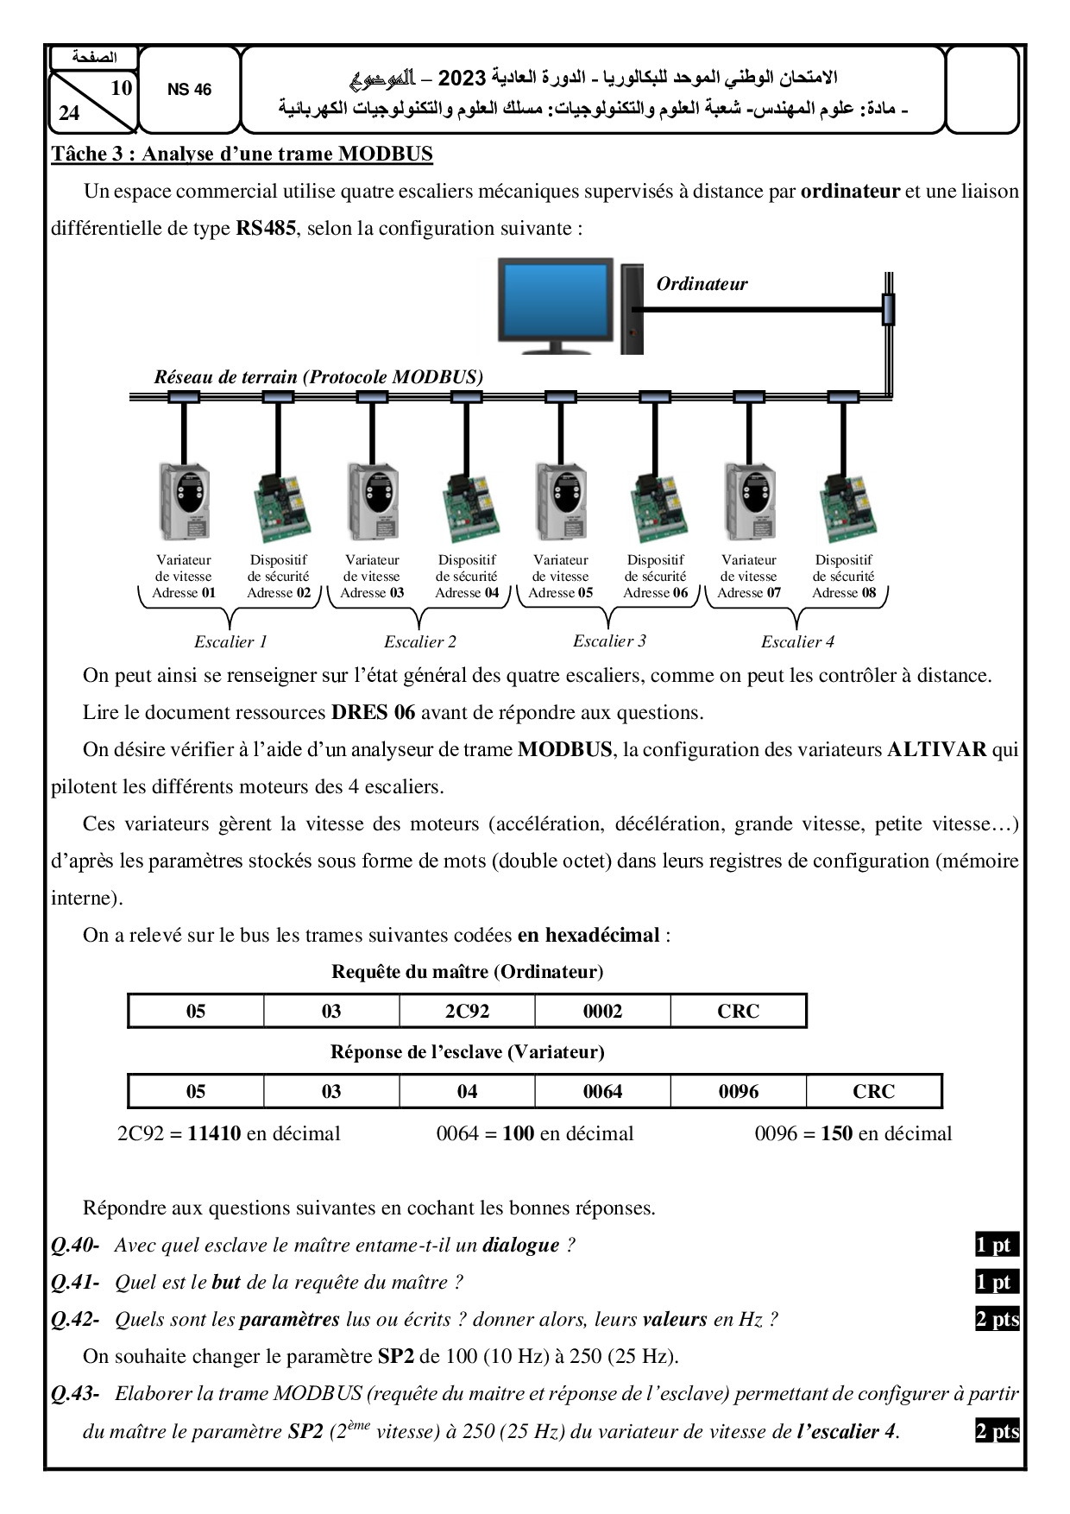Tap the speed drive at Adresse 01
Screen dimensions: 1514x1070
click(184, 502)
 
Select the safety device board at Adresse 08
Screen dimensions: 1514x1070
click(843, 509)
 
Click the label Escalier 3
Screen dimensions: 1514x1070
click(609, 640)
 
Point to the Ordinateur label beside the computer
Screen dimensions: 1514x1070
click(702, 284)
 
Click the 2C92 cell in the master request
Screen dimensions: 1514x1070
click(467, 1011)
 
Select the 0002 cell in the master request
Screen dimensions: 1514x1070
click(602, 1011)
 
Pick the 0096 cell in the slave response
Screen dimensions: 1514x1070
click(739, 1091)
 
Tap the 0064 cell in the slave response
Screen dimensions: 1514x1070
click(602, 1091)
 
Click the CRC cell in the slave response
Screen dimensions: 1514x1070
click(873, 1091)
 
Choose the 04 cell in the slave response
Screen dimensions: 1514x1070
click(467, 1091)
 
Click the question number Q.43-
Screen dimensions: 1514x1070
click(75, 1393)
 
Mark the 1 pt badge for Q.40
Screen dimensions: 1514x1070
click(994, 1245)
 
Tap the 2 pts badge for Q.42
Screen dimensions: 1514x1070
click(997, 1319)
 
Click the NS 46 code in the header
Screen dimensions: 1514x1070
click(189, 90)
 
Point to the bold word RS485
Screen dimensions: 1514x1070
click(265, 229)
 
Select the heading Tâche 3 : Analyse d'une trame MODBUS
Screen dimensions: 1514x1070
click(242, 155)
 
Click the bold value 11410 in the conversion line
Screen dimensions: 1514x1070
click(214, 1133)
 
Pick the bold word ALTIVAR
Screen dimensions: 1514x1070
click(936, 749)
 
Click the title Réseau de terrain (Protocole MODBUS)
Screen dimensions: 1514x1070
click(318, 376)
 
